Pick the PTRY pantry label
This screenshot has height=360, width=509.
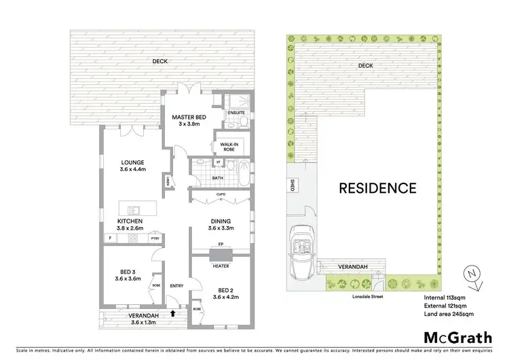coord(155,238)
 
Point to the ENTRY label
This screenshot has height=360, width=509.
coord(176,285)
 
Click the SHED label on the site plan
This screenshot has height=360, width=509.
coord(292,187)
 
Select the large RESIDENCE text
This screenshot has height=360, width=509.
coord(377,187)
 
